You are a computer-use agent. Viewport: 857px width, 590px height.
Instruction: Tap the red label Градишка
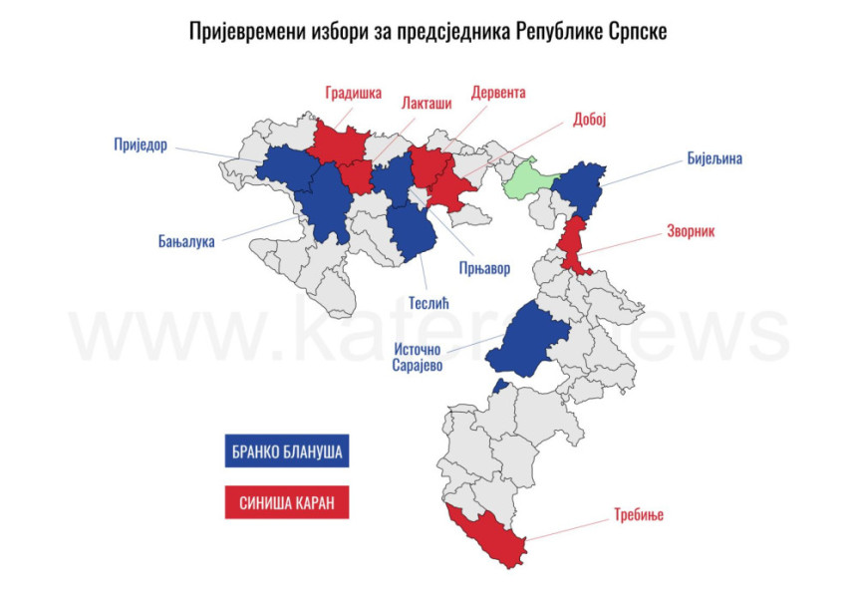(x=353, y=94)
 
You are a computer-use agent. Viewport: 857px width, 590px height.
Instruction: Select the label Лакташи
(x=425, y=103)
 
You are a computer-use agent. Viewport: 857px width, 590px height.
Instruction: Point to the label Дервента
(x=498, y=93)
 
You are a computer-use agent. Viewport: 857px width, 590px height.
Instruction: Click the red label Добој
(x=590, y=120)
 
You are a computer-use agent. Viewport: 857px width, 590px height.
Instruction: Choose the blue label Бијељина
(x=714, y=157)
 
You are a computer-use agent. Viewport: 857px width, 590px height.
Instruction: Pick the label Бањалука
(x=186, y=240)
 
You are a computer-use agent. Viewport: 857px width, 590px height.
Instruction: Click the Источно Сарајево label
(x=417, y=357)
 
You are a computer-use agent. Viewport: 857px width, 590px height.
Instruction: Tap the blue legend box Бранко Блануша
(x=287, y=451)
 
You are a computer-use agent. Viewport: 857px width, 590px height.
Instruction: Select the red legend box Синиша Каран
(x=287, y=502)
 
